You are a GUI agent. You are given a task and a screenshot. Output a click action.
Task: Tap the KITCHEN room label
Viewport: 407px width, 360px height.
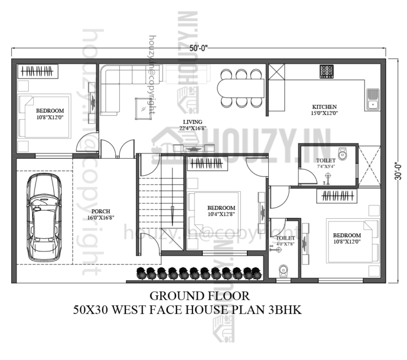(324, 106)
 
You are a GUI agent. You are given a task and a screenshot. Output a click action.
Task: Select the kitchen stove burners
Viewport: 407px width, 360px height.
(326, 70)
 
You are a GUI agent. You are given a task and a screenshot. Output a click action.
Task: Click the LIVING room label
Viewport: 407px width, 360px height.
(192, 122)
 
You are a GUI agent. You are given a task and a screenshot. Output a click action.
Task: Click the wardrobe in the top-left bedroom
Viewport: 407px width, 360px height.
(38, 71)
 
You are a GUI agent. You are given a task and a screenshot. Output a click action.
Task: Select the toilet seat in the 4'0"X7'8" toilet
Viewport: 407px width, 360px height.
(282, 271)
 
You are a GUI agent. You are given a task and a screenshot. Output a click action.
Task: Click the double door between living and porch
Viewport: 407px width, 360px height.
(118, 149)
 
